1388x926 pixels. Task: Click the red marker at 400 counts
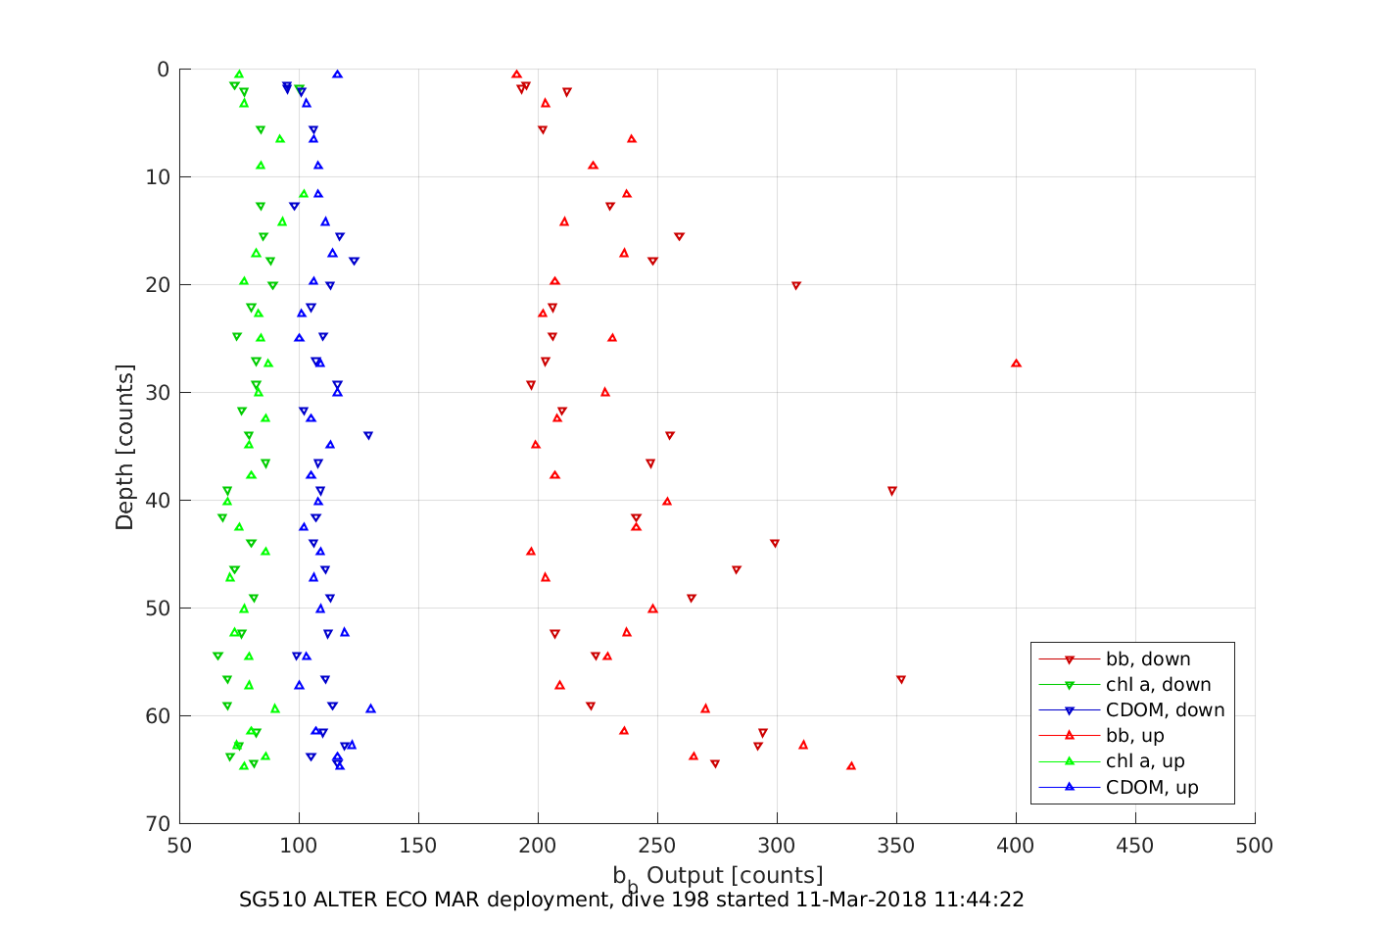1016,364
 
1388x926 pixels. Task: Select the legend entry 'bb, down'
1148,659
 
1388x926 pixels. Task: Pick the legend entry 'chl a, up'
1145,761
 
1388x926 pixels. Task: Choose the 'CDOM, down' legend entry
1165,710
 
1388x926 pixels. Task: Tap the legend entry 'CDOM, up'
1152,787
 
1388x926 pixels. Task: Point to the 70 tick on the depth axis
158,824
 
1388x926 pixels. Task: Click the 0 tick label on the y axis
163,70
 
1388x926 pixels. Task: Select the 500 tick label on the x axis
1255,846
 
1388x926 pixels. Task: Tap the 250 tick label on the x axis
657,846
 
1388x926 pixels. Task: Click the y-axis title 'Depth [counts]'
124,447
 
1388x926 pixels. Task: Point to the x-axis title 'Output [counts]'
735,875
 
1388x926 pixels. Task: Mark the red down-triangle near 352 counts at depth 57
901,679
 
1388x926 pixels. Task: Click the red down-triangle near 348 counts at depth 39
891,491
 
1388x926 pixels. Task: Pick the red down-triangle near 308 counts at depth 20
796,286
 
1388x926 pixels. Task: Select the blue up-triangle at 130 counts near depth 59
370,708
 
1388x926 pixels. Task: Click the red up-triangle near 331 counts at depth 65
850,765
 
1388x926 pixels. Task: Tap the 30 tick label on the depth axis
158,393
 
